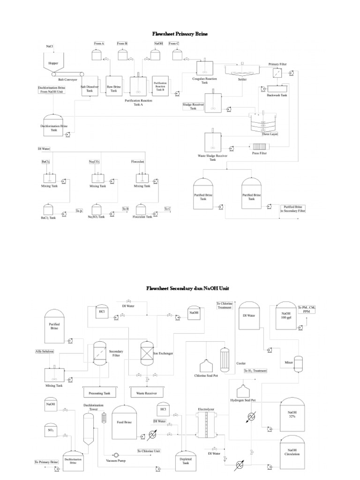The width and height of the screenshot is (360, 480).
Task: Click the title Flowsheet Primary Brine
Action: click(180, 34)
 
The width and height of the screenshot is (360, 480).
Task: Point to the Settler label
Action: click(242, 80)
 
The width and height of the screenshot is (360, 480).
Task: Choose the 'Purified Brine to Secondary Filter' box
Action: click(292, 209)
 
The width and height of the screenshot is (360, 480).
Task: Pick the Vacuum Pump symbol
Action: click(115, 455)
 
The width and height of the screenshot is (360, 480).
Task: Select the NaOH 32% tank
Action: click(292, 415)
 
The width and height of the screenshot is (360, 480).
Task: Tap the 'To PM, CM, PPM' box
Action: click(306, 309)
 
